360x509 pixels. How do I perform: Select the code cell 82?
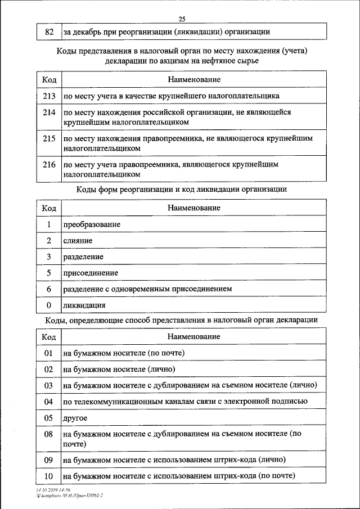[48, 32]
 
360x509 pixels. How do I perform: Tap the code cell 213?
[48, 96]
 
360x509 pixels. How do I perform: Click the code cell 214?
[48, 112]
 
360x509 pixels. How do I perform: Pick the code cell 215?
[48, 138]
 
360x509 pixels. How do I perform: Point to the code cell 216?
[48, 165]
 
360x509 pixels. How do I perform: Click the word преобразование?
[92, 224]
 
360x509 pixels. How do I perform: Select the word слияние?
[78, 241]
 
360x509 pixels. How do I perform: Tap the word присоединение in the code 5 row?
[91, 273]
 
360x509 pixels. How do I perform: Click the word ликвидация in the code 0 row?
[84, 305]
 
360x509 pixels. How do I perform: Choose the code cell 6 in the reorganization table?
[49, 289]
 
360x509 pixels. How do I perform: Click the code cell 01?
[48, 353]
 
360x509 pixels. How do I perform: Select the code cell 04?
[48, 402]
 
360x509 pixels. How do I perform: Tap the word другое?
[75, 418]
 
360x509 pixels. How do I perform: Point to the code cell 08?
[48, 434]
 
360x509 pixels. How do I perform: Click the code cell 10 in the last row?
[48, 476]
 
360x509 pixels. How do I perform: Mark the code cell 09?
[48, 460]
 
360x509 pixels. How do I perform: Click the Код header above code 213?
[48, 80]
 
